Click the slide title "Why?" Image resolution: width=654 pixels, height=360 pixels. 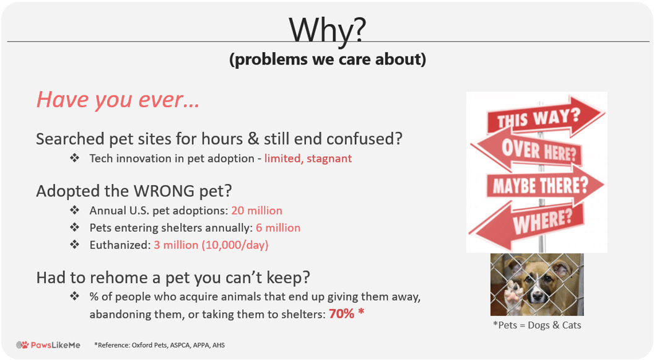pyautogui.click(x=327, y=30)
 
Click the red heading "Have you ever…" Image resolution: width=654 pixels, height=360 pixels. pyautogui.click(x=118, y=100)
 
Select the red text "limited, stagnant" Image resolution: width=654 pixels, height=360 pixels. pyautogui.click(x=308, y=159)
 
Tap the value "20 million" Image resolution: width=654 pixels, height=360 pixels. pyautogui.click(x=256, y=210)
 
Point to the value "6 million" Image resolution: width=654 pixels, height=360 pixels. pyautogui.click(x=278, y=228)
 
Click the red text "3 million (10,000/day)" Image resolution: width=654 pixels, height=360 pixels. pyautogui.click(x=211, y=245)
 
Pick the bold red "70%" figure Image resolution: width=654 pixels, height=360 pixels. pyautogui.click(x=342, y=314)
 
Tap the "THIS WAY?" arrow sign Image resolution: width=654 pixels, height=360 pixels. pyautogui.click(x=545, y=115)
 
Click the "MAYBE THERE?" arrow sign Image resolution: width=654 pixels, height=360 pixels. pyautogui.click(x=544, y=185)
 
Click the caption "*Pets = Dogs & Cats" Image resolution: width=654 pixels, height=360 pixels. pyautogui.click(x=537, y=325)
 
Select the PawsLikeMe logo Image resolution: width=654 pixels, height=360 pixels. pyautogui.click(x=48, y=345)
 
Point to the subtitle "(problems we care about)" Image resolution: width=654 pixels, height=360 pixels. pyautogui.click(x=328, y=59)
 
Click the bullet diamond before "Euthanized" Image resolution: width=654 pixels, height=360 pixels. pyautogui.click(x=75, y=245)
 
